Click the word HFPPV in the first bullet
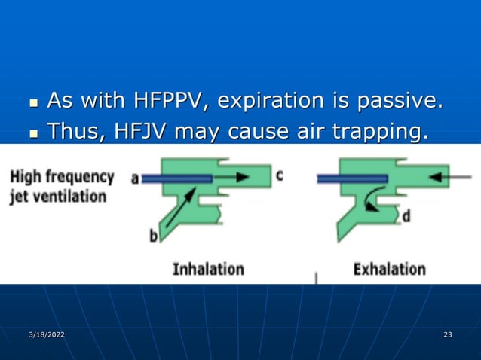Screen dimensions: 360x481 click(167, 100)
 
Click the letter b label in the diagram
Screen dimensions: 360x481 click(154, 236)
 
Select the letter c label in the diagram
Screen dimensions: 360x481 click(279, 175)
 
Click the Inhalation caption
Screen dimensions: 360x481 click(208, 268)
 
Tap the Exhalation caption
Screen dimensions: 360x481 click(389, 268)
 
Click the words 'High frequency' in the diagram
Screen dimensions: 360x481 click(62, 178)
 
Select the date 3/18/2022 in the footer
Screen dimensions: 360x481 click(46, 334)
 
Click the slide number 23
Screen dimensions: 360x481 click(448, 334)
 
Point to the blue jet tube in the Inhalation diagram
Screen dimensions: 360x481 click(177, 178)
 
